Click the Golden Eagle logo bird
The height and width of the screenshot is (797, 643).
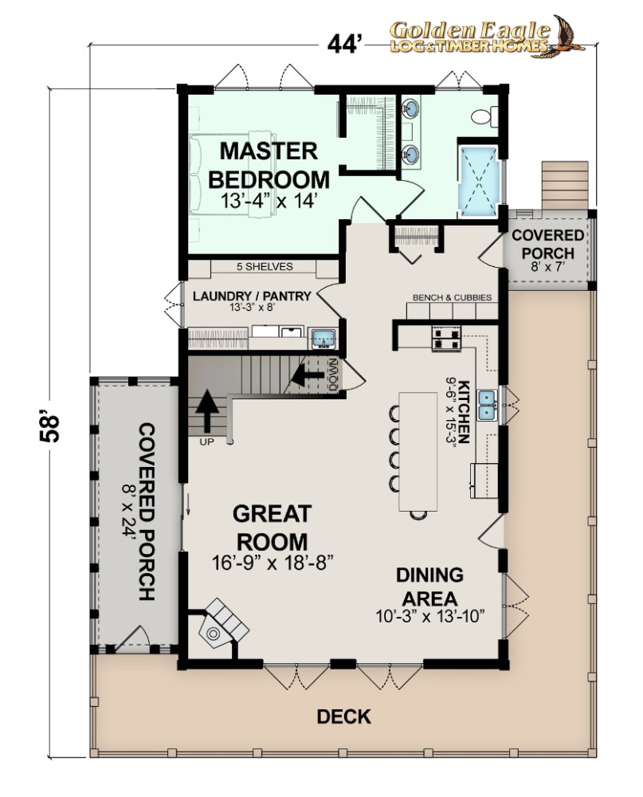tap(566, 36)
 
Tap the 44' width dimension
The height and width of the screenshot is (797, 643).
tap(345, 45)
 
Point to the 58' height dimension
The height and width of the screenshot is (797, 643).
tap(50, 429)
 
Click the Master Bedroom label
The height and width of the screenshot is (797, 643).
tap(269, 165)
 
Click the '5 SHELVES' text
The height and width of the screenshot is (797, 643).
tap(265, 266)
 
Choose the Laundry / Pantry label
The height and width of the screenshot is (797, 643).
tap(252, 296)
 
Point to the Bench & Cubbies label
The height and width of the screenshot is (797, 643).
tap(452, 297)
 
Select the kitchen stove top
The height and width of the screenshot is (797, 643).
tap(446, 339)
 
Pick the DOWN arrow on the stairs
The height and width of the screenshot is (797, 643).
tap(307, 375)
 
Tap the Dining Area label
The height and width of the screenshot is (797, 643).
tap(430, 587)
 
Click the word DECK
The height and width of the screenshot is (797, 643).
tap(343, 717)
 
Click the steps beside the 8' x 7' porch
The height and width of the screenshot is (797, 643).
tap(564, 186)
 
